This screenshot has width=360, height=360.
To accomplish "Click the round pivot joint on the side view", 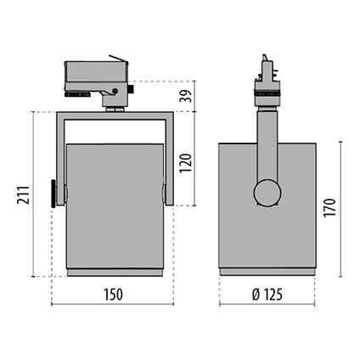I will point(268,192).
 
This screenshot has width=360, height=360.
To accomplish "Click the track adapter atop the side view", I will point(267,78).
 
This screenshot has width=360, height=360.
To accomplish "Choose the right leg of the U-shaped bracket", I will point(169,157).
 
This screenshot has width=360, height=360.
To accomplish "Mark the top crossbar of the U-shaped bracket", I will point(114,115).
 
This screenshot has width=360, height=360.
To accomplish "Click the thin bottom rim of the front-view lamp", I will point(114,272).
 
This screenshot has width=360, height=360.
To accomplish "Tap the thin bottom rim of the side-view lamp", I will point(268,272).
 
